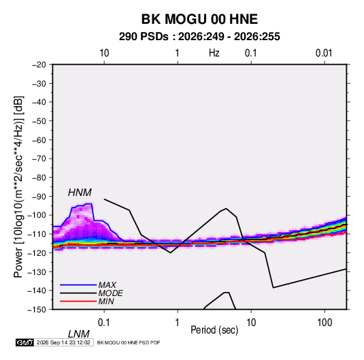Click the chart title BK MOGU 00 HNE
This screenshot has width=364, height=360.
pos(199,19)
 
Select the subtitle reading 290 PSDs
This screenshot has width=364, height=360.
pos(144,37)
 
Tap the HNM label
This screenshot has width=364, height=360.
pos(80,193)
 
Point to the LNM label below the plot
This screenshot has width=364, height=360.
pos(78,334)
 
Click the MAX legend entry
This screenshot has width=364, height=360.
pos(107,284)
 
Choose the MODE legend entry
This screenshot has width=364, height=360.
pos(110,293)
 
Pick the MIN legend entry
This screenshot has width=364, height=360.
pos(106,301)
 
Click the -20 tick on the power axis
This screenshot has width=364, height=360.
pos(39,65)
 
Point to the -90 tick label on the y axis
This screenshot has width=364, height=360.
pos(39,196)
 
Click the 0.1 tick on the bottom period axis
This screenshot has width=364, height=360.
pos(104,323)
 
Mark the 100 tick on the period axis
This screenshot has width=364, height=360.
pos(325,323)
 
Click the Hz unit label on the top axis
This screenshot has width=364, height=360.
pos(214,53)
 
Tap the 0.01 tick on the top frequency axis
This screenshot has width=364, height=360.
pos(324,53)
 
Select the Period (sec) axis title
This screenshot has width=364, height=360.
pos(214,330)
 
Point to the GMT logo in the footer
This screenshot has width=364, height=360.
pos(25,342)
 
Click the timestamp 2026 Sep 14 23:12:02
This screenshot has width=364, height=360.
pos(63,342)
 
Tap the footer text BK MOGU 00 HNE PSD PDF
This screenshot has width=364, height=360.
pos(129,342)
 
